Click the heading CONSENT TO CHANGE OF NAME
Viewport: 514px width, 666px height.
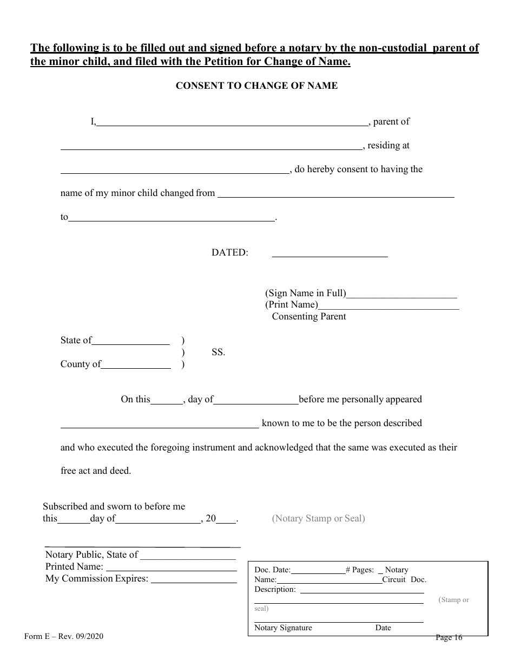tap(256, 86)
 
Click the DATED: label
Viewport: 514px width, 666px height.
tap(229, 252)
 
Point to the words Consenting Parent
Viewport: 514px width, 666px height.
tap(308, 316)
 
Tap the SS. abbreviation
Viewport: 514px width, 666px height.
tap(218, 352)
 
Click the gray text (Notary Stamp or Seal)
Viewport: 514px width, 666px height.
tap(318, 518)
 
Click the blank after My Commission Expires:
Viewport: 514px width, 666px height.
tap(194, 580)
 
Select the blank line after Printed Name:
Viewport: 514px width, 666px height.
tap(170, 569)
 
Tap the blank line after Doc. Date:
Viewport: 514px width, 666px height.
tap(318, 571)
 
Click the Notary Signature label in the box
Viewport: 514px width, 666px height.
tap(283, 628)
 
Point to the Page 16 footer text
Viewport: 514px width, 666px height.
tap(449, 637)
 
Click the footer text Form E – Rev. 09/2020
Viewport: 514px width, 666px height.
tap(64, 637)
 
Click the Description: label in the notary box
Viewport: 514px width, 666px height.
tap(275, 589)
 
